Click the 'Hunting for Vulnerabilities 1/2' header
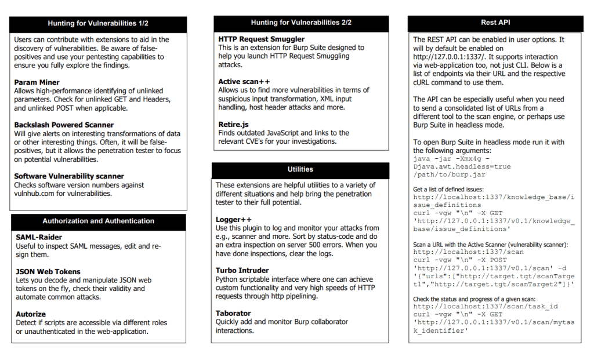[x=98, y=24]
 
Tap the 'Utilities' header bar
[x=300, y=169]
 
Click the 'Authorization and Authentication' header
[x=98, y=221]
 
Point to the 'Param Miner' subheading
[x=37, y=82]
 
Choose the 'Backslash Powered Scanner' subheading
[x=64, y=125]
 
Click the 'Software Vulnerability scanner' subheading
[x=69, y=176]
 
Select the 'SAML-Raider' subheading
[x=39, y=237]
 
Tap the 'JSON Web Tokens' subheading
[x=48, y=271]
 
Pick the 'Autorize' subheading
[x=31, y=314]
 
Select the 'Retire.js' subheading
[x=233, y=124]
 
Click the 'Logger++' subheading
[x=234, y=220]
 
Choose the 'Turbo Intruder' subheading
[x=242, y=271]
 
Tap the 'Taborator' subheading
[x=233, y=313]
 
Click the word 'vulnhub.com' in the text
[x=34, y=193]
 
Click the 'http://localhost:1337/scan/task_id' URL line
[x=486, y=306]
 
